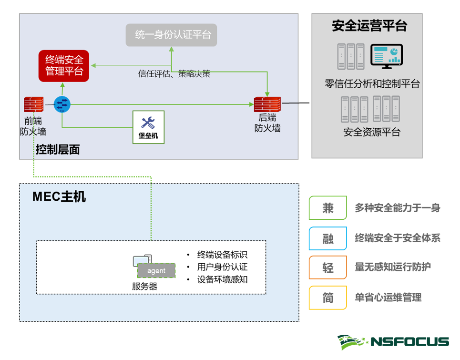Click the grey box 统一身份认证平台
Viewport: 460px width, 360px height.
click(x=171, y=35)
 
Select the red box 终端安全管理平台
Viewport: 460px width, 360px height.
click(x=64, y=66)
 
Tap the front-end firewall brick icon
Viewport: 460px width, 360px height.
click(x=34, y=104)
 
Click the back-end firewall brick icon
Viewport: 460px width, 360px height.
click(x=267, y=104)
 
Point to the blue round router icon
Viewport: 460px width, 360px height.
click(x=62, y=104)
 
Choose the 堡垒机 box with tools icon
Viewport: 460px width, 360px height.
click(x=148, y=127)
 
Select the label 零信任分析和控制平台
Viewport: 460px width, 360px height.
click(x=372, y=84)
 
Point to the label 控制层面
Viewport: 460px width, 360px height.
click(x=58, y=150)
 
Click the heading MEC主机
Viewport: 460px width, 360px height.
click(x=59, y=196)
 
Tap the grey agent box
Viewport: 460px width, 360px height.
click(x=156, y=271)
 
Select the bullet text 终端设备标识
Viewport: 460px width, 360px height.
click(x=222, y=255)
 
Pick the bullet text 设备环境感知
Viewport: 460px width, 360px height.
click(x=222, y=279)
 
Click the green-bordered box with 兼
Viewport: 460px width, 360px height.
click(x=327, y=208)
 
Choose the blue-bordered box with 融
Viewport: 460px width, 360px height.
click(x=327, y=238)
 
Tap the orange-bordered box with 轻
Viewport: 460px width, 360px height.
click(x=327, y=267)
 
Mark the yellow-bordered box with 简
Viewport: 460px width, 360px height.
click(x=327, y=298)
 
